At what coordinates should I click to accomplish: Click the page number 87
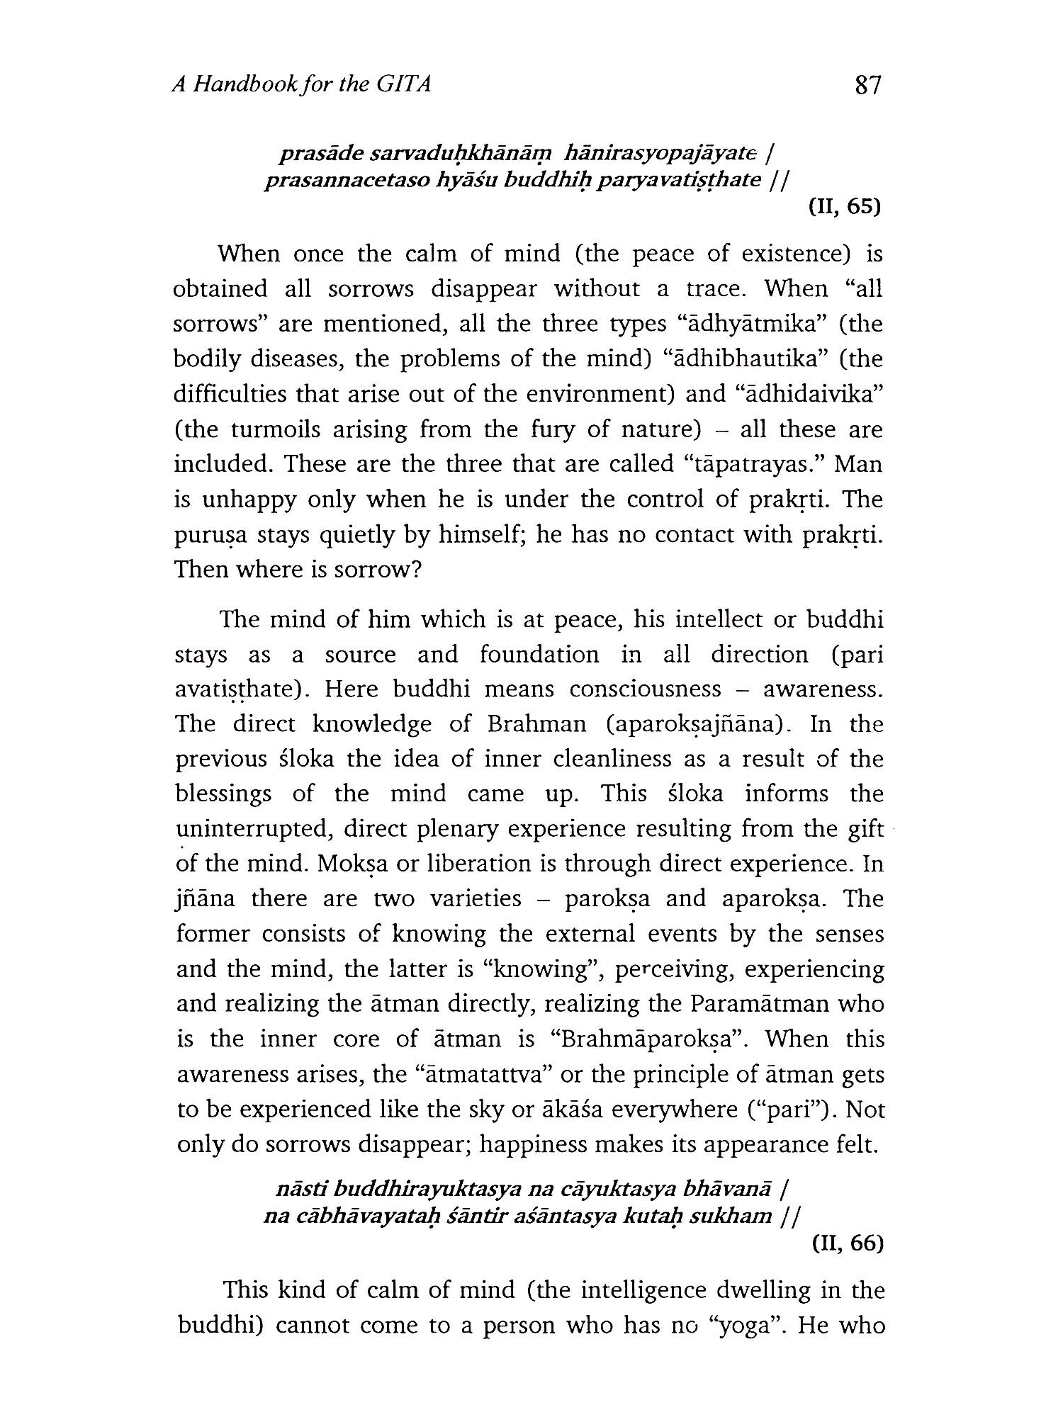pos(867,86)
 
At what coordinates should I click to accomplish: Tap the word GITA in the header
pos(403,85)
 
